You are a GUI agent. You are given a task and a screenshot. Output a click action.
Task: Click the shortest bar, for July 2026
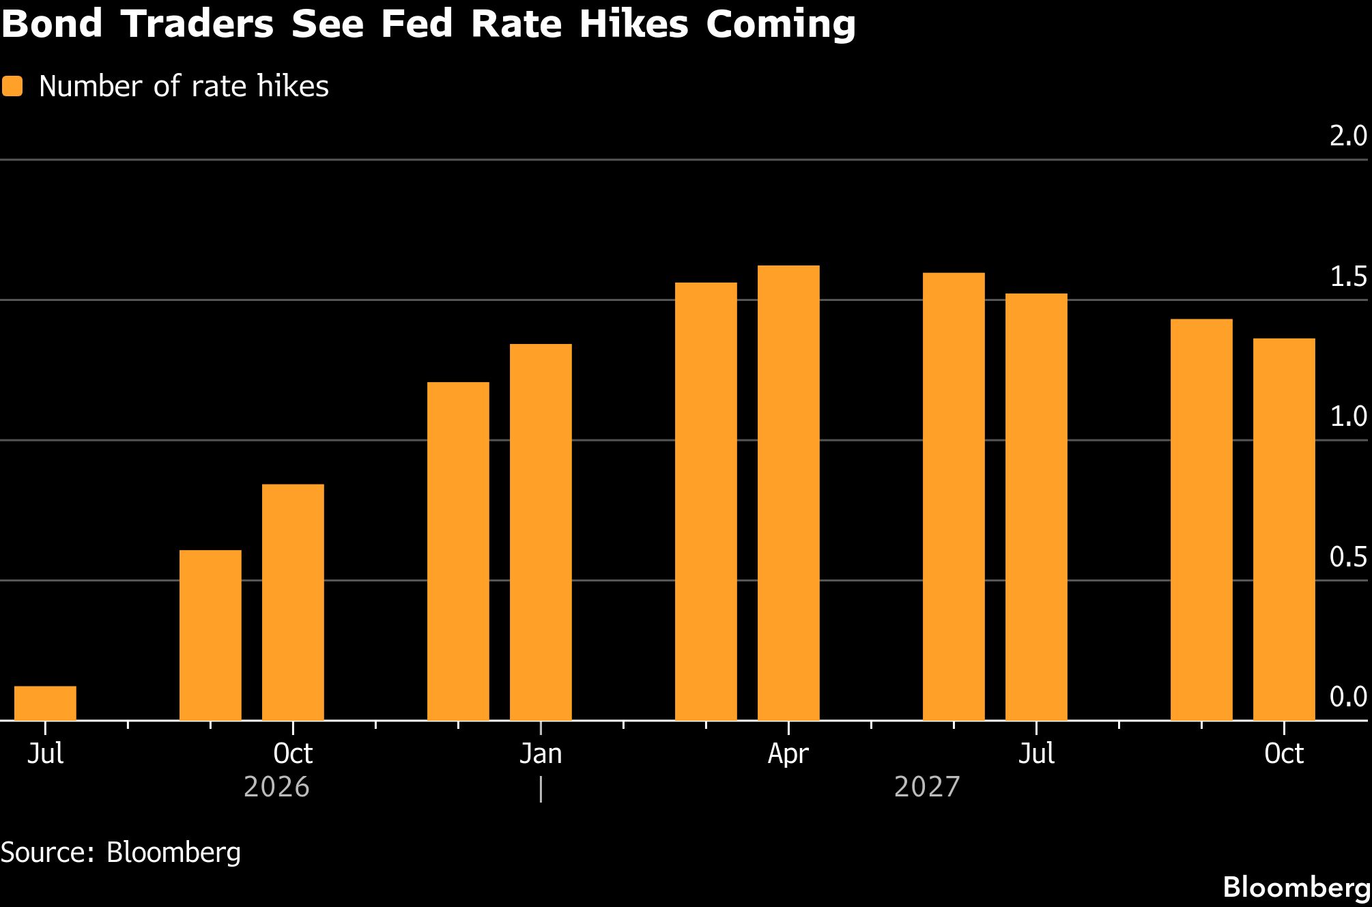[45, 703]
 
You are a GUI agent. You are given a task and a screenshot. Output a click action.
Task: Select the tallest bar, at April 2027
[788, 493]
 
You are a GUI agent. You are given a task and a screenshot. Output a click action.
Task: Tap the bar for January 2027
[541, 532]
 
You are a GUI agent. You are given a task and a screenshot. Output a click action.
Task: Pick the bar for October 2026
[293, 602]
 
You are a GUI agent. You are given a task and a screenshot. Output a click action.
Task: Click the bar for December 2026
[458, 551]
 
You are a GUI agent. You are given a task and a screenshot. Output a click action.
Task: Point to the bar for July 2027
[1036, 507]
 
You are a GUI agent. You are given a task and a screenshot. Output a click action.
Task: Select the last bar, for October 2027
[1284, 530]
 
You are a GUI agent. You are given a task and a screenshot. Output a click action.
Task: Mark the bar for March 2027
[706, 502]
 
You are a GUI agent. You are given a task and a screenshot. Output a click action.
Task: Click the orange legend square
[12, 87]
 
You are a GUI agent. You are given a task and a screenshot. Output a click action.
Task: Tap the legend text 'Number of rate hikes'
[184, 87]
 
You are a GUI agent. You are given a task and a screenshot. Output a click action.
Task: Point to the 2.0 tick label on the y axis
[1349, 136]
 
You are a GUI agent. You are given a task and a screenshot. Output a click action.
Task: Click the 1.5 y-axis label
[1349, 277]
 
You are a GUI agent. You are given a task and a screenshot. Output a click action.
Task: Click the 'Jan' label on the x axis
[541, 753]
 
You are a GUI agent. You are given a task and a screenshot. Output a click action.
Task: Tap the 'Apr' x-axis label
[788, 754]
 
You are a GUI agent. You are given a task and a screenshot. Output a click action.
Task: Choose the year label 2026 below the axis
[276, 787]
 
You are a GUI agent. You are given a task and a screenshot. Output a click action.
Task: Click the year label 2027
[927, 787]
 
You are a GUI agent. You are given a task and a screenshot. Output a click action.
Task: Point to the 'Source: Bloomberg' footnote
[121, 853]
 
